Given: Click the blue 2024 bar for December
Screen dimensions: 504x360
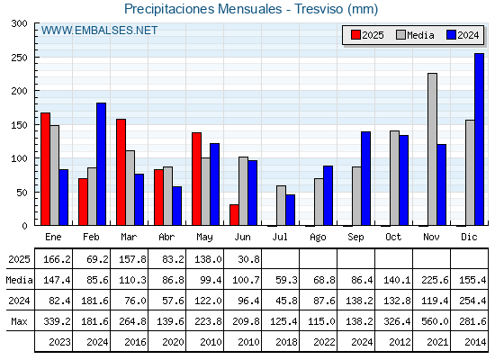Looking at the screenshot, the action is click(479, 139).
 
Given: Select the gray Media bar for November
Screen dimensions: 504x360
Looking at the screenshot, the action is click(432, 149).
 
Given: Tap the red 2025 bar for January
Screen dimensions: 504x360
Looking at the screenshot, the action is click(45, 169).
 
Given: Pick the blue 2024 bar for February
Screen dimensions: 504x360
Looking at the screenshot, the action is click(101, 164).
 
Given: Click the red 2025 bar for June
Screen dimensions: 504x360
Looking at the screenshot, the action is click(234, 215).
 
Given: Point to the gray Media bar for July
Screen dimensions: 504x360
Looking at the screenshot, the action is click(281, 205).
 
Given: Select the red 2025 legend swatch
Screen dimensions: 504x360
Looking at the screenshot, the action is click(355, 35).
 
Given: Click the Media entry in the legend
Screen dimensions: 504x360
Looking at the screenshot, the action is click(415, 35).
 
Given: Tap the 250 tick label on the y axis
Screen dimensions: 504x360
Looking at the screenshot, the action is click(20, 58).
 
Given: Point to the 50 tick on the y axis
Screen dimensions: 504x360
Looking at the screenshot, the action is click(22, 193).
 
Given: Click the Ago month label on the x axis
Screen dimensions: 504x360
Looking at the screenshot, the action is click(318, 238).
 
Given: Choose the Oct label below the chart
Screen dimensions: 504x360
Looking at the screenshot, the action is click(393, 237).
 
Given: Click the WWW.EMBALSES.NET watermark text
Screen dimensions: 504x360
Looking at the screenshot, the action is click(99, 31).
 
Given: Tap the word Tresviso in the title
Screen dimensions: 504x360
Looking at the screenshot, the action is click(319, 9).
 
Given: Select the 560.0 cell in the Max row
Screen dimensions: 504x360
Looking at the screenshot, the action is click(435, 321).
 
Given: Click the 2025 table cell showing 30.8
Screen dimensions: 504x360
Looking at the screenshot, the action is click(248, 259).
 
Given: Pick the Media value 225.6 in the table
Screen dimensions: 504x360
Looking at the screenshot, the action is click(435, 280).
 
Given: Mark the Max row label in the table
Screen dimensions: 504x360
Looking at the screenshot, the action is click(19, 321).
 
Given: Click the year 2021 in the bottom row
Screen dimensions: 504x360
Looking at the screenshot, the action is click(437, 342).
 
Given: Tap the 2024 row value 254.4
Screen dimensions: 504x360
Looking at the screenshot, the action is click(472, 301).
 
